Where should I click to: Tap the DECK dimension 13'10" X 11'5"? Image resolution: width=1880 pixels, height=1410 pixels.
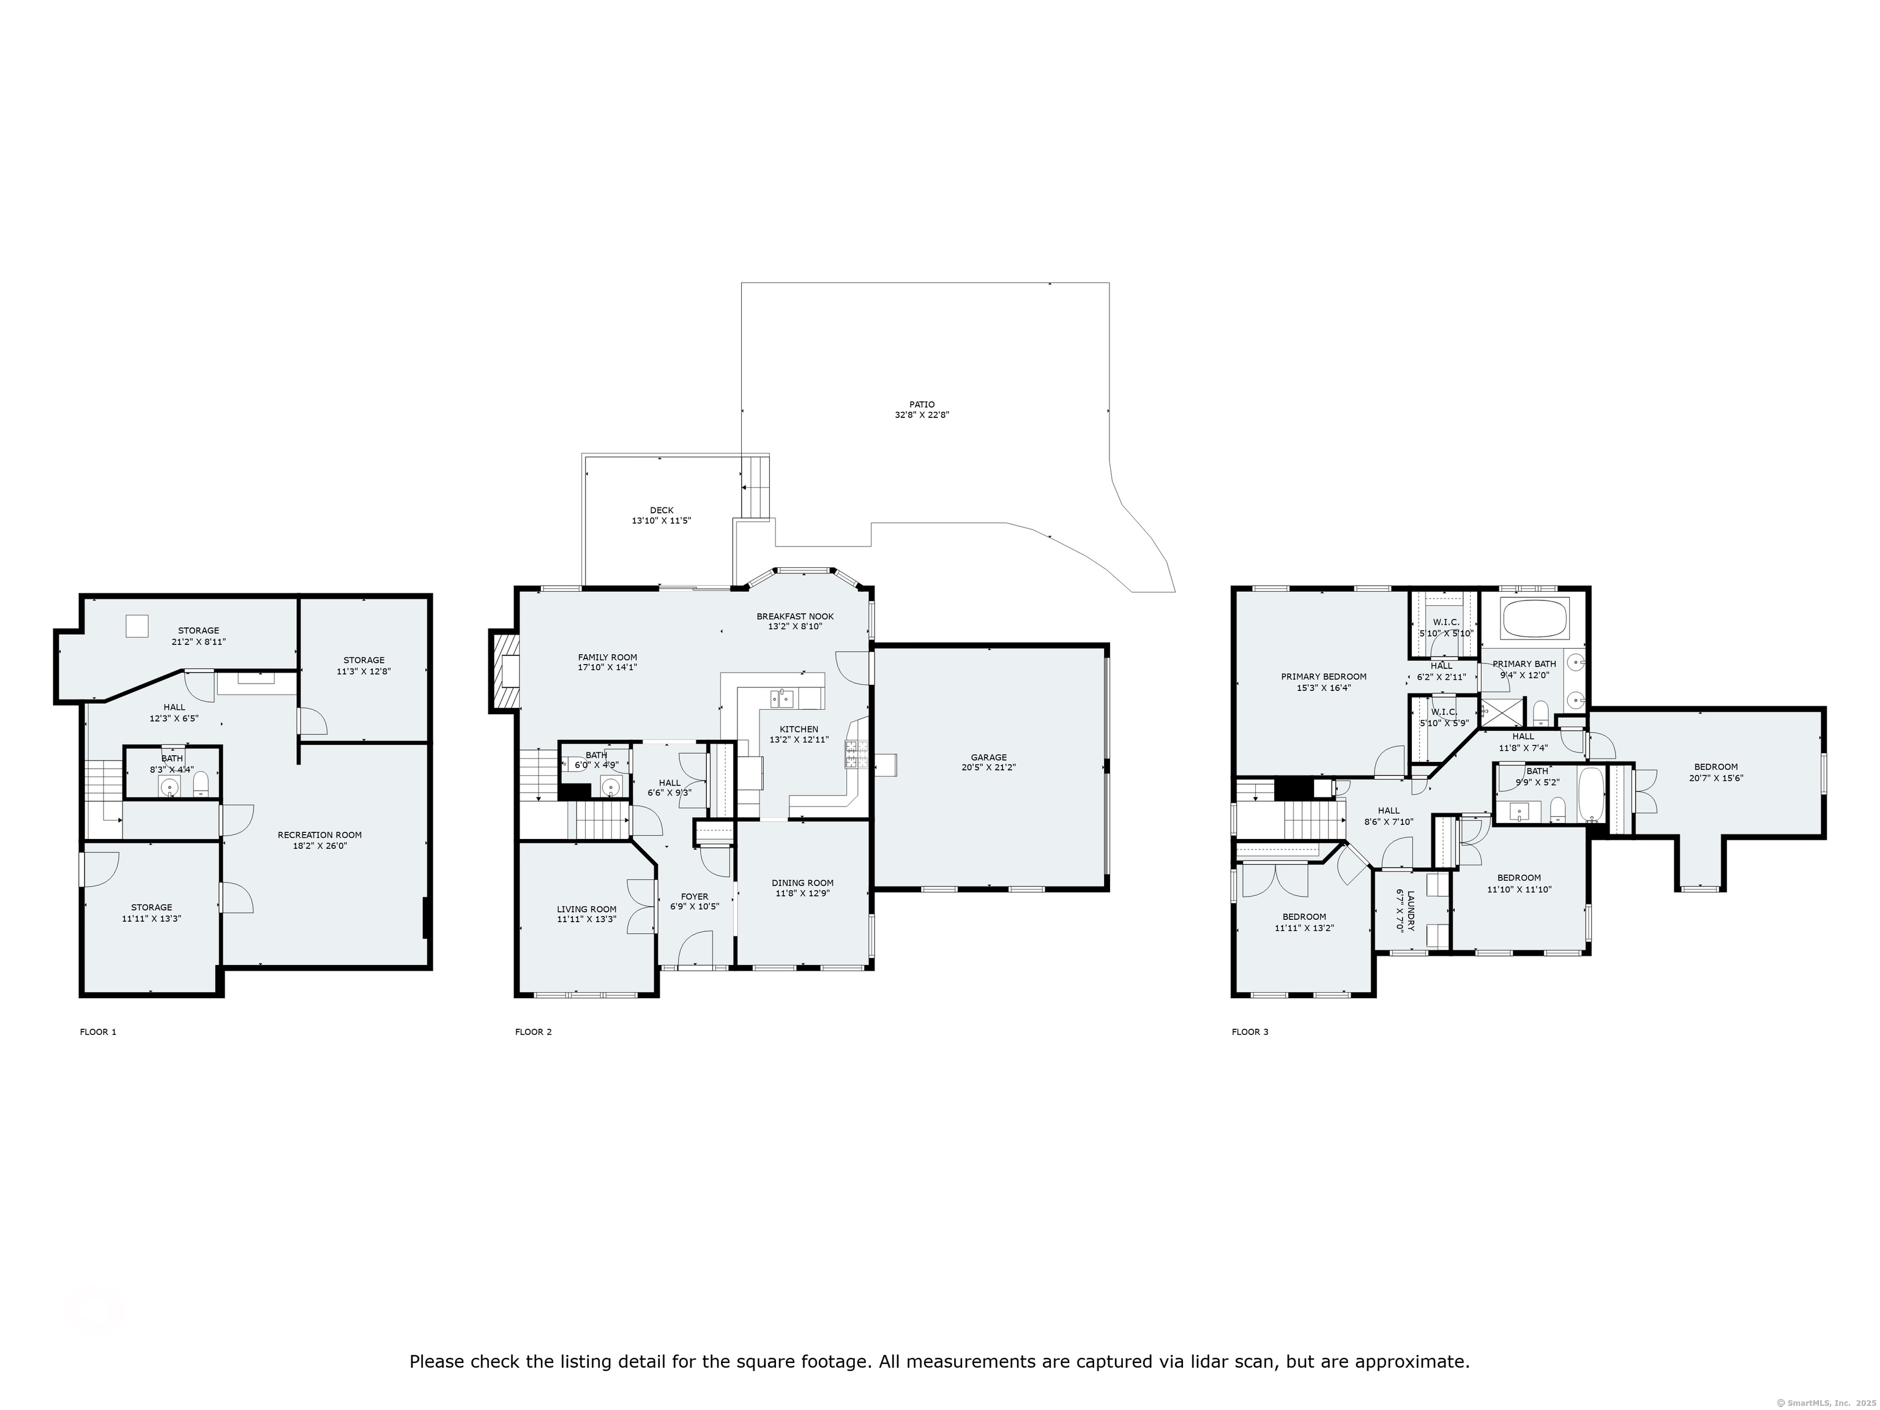660,520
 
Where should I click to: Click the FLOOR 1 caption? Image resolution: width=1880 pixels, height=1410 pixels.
98,1032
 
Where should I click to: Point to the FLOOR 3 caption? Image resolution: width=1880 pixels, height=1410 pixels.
1250,1032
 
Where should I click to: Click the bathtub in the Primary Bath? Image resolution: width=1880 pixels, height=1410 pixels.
1535,619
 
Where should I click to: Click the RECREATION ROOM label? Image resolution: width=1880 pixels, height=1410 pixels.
319,835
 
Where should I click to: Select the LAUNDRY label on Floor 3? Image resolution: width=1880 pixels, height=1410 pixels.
1410,911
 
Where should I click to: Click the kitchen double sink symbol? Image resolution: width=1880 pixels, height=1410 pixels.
782,699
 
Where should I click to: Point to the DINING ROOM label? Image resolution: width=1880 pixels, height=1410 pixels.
802,882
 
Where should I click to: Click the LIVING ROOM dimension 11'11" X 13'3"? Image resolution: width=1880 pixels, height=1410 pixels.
586,920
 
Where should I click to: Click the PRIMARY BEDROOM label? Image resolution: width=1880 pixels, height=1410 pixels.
1323,676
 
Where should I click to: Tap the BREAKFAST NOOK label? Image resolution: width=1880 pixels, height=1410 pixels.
795,616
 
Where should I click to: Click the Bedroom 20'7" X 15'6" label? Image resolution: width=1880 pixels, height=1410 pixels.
1715,767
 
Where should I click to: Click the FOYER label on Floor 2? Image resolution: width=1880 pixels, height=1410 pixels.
695,896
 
